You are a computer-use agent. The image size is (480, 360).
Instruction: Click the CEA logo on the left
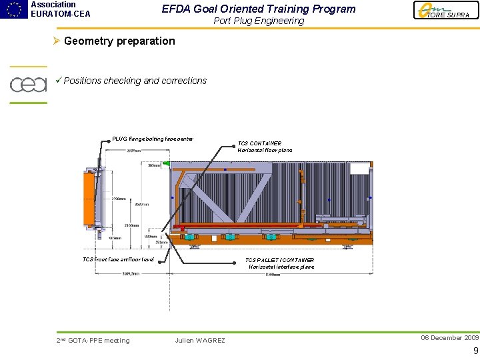(x=28, y=85)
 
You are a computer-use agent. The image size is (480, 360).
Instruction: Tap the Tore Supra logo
(x=446, y=11)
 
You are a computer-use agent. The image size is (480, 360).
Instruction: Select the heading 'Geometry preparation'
(x=119, y=41)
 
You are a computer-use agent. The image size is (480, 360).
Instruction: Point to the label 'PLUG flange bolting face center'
(x=153, y=139)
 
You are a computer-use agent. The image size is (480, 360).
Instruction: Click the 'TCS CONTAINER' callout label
(x=259, y=143)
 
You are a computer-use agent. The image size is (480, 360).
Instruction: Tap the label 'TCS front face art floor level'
(x=118, y=259)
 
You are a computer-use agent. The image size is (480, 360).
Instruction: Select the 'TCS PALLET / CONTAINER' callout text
(x=279, y=260)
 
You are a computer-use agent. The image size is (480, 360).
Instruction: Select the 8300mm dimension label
(x=273, y=274)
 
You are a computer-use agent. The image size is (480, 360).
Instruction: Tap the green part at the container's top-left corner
(x=167, y=163)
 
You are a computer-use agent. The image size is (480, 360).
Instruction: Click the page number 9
(x=475, y=351)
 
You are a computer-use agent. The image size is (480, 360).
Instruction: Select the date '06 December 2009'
(x=449, y=338)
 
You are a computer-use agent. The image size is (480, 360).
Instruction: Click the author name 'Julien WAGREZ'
(x=200, y=341)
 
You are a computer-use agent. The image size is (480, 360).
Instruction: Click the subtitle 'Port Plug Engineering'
(x=259, y=21)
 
